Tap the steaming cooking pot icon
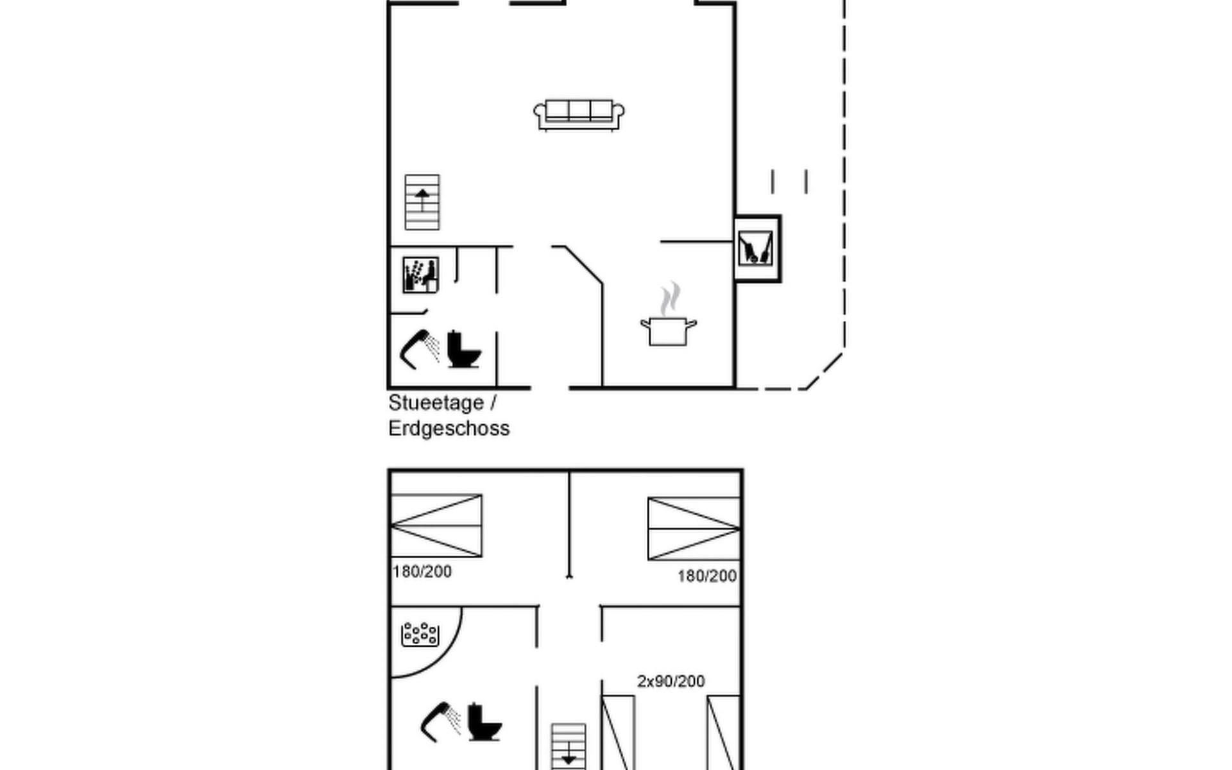click(x=669, y=314)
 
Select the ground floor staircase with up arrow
click(x=422, y=202)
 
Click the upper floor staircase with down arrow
click(x=569, y=747)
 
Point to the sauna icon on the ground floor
click(x=420, y=275)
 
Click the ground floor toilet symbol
click(x=463, y=349)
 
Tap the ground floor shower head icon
click(x=420, y=349)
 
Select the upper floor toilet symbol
click(x=484, y=722)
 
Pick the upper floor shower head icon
click(x=441, y=722)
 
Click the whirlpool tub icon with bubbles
click(x=420, y=634)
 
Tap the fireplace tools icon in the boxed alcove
click(x=755, y=248)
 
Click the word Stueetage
click(x=436, y=403)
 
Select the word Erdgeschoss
click(x=449, y=429)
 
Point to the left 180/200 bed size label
click(x=422, y=571)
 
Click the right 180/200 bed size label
click(x=707, y=576)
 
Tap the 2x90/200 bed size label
click(x=671, y=681)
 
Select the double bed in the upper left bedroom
click(x=436, y=526)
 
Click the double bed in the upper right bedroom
click(x=694, y=529)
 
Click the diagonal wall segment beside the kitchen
click(x=583, y=264)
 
